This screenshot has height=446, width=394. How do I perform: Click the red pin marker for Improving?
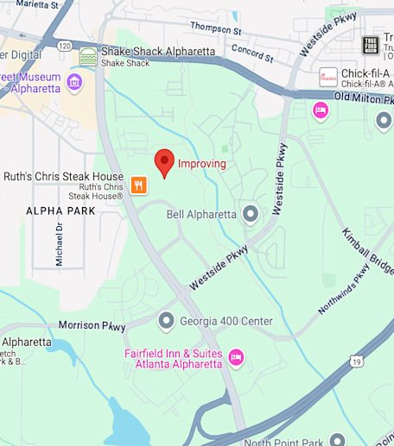(164, 162)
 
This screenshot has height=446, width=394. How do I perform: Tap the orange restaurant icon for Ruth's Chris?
(138, 185)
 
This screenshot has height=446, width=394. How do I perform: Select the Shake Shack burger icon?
(88, 57)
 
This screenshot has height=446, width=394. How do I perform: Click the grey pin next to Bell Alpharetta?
(251, 213)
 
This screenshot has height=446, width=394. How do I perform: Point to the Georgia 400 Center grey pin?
(167, 322)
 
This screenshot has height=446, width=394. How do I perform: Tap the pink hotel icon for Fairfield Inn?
(236, 356)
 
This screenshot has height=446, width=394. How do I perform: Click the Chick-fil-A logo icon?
(328, 77)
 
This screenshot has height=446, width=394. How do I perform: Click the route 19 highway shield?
(355, 360)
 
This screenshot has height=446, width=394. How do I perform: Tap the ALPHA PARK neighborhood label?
(60, 210)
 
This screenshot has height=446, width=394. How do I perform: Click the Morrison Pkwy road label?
(92, 325)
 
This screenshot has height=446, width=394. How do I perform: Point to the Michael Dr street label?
(60, 244)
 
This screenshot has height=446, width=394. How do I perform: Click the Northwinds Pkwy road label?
(343, 288)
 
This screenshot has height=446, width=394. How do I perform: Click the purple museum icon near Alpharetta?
(74, 83)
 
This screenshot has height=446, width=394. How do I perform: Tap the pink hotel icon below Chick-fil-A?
(321, 110)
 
